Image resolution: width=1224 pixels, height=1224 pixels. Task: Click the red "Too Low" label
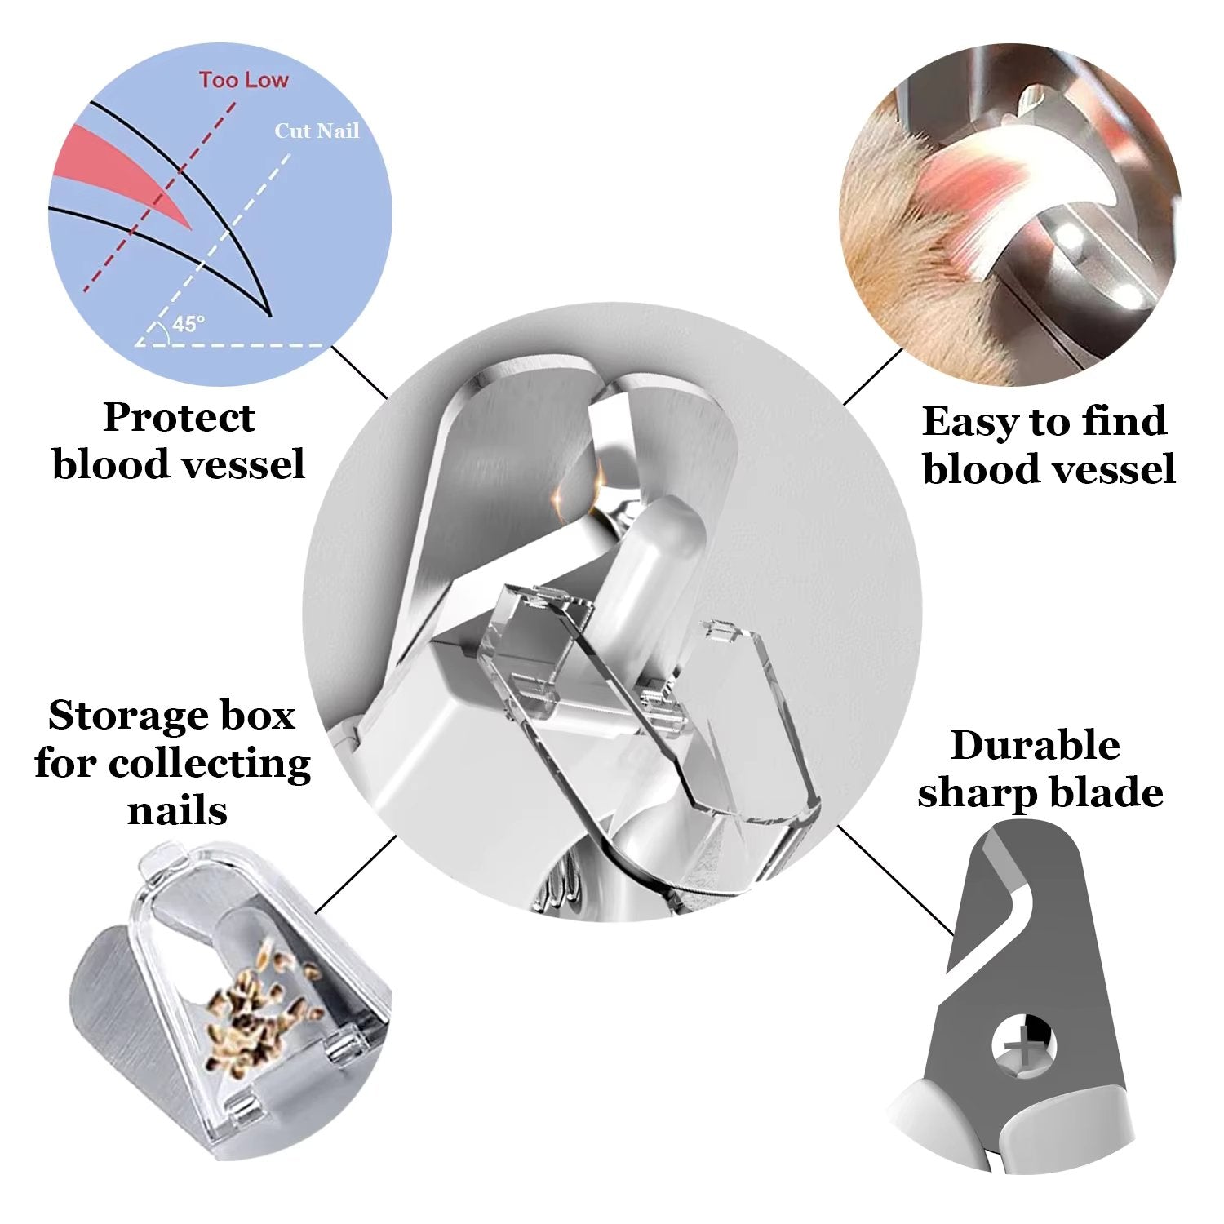pos(243,80)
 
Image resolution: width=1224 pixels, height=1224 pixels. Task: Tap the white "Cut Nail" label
pos(317,131)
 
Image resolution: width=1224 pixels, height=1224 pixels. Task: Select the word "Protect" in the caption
pos(179,418)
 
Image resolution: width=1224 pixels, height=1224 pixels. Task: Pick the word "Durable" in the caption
pos(1035,746)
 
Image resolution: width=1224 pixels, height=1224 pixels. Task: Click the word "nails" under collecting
pos(177,810)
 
